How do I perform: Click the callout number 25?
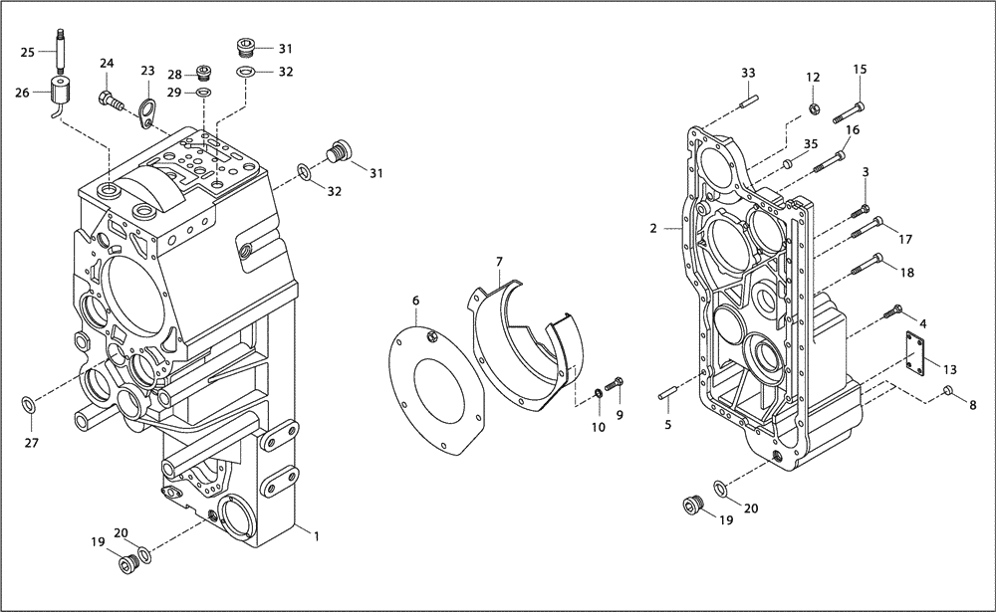[x=27, y=52]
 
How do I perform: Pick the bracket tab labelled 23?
[x=147, y=113]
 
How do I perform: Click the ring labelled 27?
[x=31, y=406]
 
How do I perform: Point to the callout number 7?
[x=499, y=262]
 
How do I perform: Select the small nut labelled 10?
[x=599, y=394]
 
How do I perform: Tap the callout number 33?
[x=749, y=73]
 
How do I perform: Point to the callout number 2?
[x=653, y=228]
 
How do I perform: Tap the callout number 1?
[x=316, y=536]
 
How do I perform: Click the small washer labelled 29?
[x=203, y=92]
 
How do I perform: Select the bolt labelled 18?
[x=866, y=264]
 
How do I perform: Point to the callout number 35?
[x=811, y=145]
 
